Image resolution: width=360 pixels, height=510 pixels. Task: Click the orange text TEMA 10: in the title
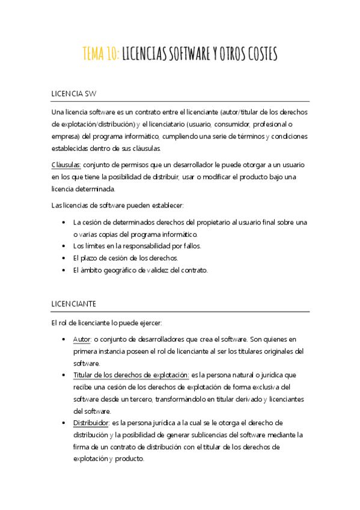tap(101, 55)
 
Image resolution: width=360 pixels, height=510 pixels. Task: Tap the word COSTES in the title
tap(260, 55)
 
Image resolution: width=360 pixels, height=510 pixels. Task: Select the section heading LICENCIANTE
tap(75, 304)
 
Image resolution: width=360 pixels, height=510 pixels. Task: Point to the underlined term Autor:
tap(82, 339)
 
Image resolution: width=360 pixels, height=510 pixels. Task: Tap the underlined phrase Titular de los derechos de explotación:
tap(132, 375)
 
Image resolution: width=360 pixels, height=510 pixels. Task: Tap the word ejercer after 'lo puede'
tap(148, 323)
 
